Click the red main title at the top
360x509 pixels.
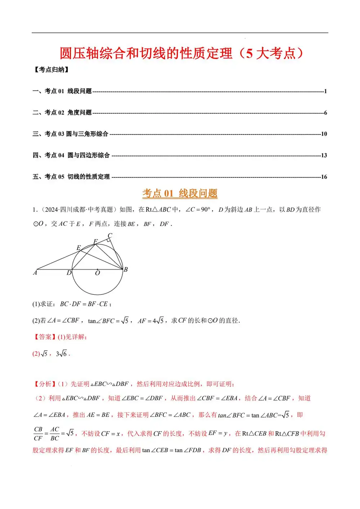(181, 54)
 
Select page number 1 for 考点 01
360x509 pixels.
(325, 91)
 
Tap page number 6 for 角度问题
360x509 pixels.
(325, 113)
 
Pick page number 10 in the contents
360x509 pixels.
(324, 134)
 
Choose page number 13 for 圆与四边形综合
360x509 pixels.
(324, 156)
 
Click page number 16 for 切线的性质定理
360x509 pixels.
(324, 177)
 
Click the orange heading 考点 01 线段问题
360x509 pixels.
(180, 194)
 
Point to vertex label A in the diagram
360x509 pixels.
(35, 273)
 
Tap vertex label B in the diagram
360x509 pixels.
(126, 270)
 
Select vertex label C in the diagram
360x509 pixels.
(110, 235)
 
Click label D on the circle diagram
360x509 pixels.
(69, 273)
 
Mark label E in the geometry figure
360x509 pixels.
(78, 248)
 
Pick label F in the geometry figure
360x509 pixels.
(95, 242)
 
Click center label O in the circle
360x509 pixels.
(98, 274)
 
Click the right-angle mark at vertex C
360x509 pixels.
(108, 240)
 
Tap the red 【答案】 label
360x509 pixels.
(45, 337)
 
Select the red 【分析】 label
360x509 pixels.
(45, 384)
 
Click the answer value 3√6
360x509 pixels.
(61, 354)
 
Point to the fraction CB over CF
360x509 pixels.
(38, 434)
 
